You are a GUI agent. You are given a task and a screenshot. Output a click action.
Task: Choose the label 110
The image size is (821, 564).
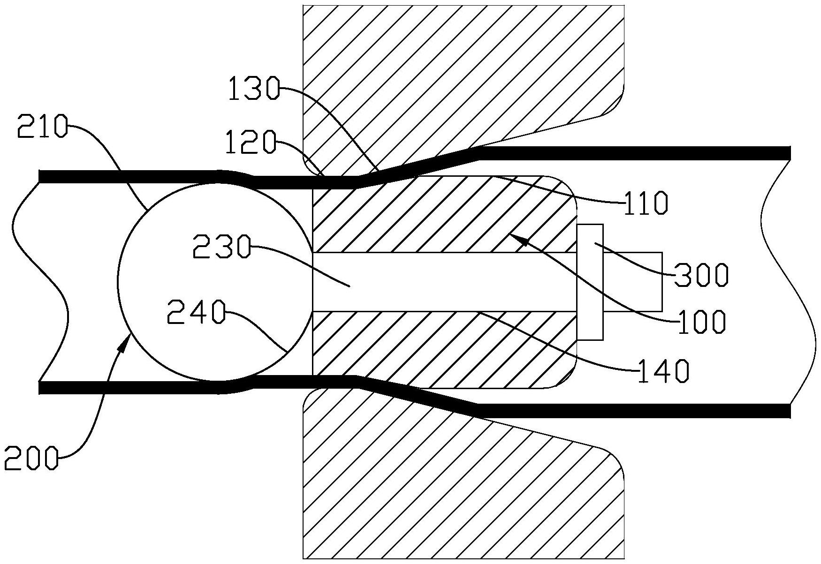coord(645,203)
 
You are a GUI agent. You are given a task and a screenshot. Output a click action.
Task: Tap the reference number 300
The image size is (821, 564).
coord(702,276)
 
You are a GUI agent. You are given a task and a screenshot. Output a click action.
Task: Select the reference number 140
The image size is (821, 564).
coord(663,370)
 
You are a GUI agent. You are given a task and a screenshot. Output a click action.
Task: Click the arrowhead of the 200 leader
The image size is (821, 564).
coord(125,341)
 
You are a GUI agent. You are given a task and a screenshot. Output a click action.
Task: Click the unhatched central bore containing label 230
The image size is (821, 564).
coord(446,281)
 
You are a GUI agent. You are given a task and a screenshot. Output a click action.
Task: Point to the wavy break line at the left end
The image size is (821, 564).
coord(40,281)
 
